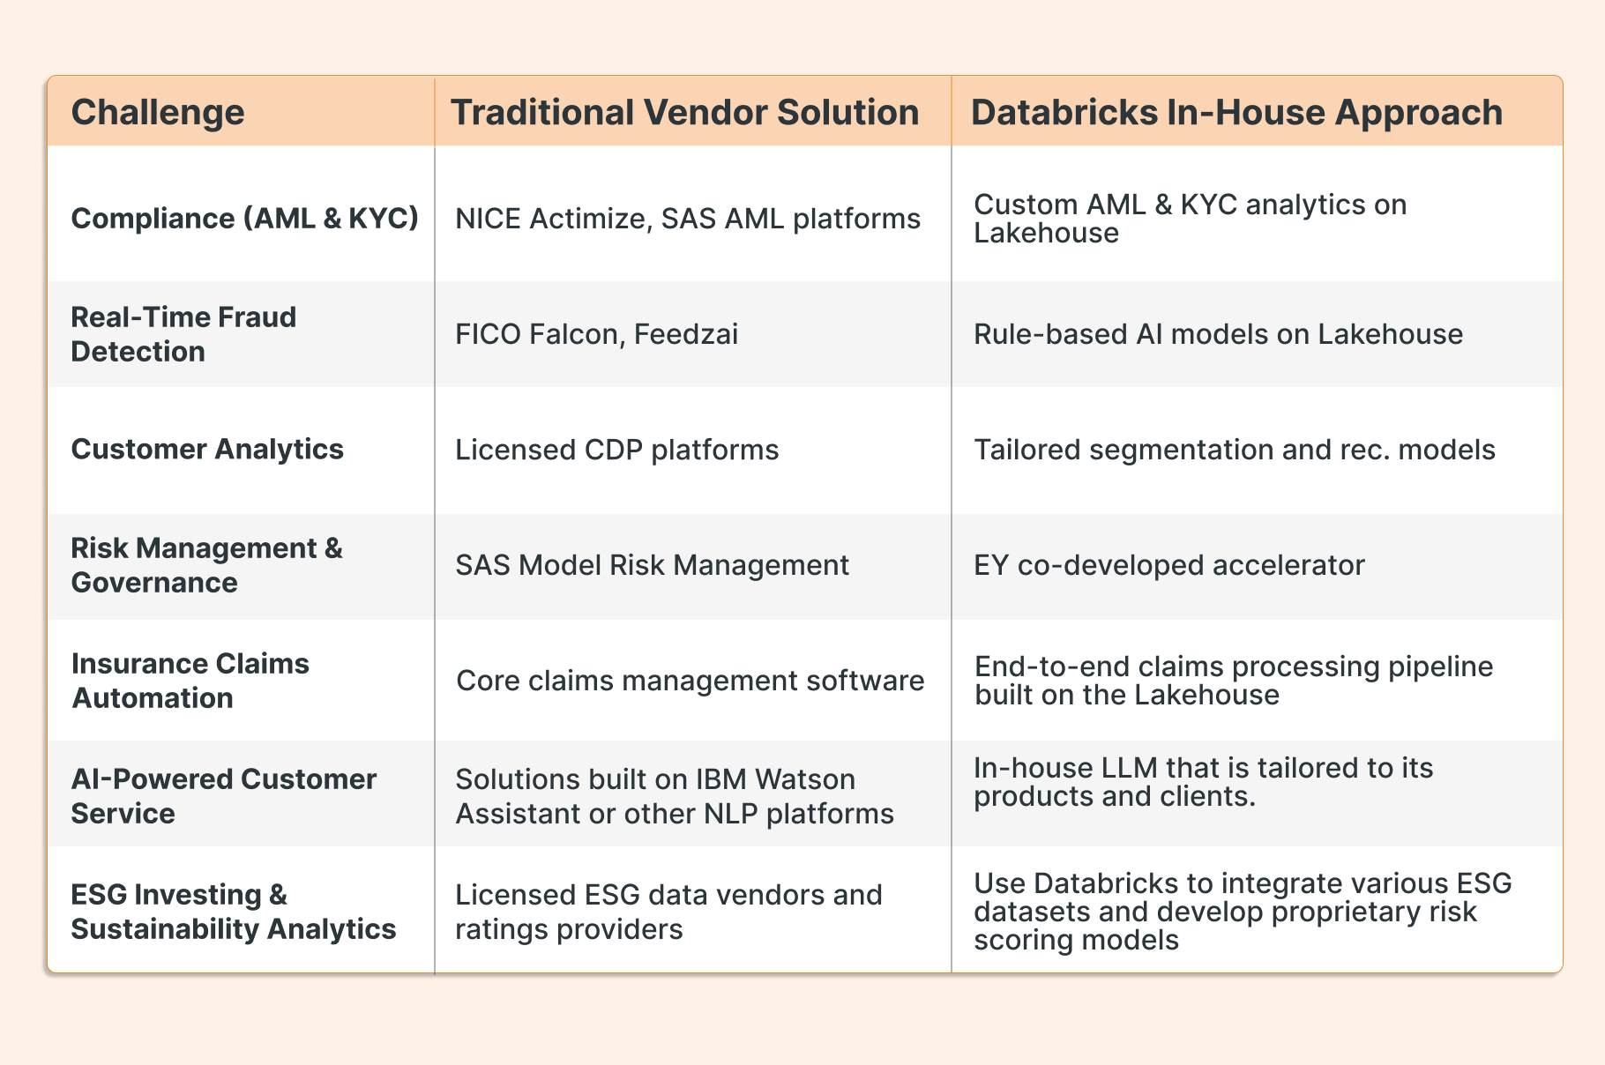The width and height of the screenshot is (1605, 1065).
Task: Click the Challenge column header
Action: coord(158,112)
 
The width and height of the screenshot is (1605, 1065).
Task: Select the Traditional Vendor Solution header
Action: coord(684,112)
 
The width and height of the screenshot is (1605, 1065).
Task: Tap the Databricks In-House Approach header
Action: coord(1236,112)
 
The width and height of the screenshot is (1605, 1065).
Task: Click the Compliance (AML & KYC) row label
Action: coord(244,218)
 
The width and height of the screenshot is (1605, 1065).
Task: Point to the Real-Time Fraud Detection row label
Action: coord(183,333)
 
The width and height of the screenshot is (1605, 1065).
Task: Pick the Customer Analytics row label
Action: coord(207,449)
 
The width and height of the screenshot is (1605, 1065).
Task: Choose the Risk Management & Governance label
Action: coord(206,564)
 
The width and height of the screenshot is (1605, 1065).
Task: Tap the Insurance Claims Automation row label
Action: coord(190,680)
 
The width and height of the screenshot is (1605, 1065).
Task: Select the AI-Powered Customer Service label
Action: coord(223,795)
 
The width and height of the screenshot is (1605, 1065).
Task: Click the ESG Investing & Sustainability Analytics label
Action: coord(233,911)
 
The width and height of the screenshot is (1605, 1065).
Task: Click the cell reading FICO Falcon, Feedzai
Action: coord(596,334)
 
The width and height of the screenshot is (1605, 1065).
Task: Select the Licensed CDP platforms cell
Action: coord(616,450)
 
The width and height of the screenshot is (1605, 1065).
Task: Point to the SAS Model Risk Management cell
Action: coord(652,564)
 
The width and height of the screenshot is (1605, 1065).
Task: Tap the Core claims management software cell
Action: coord(690,680)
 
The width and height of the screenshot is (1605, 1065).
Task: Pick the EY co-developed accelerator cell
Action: coord(1168,564)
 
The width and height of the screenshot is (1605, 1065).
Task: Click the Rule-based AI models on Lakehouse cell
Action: coord(1218,334)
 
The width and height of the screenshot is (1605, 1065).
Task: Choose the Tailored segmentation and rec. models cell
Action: coord(1234,450)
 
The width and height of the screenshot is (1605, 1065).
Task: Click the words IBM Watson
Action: coord(775,779)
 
